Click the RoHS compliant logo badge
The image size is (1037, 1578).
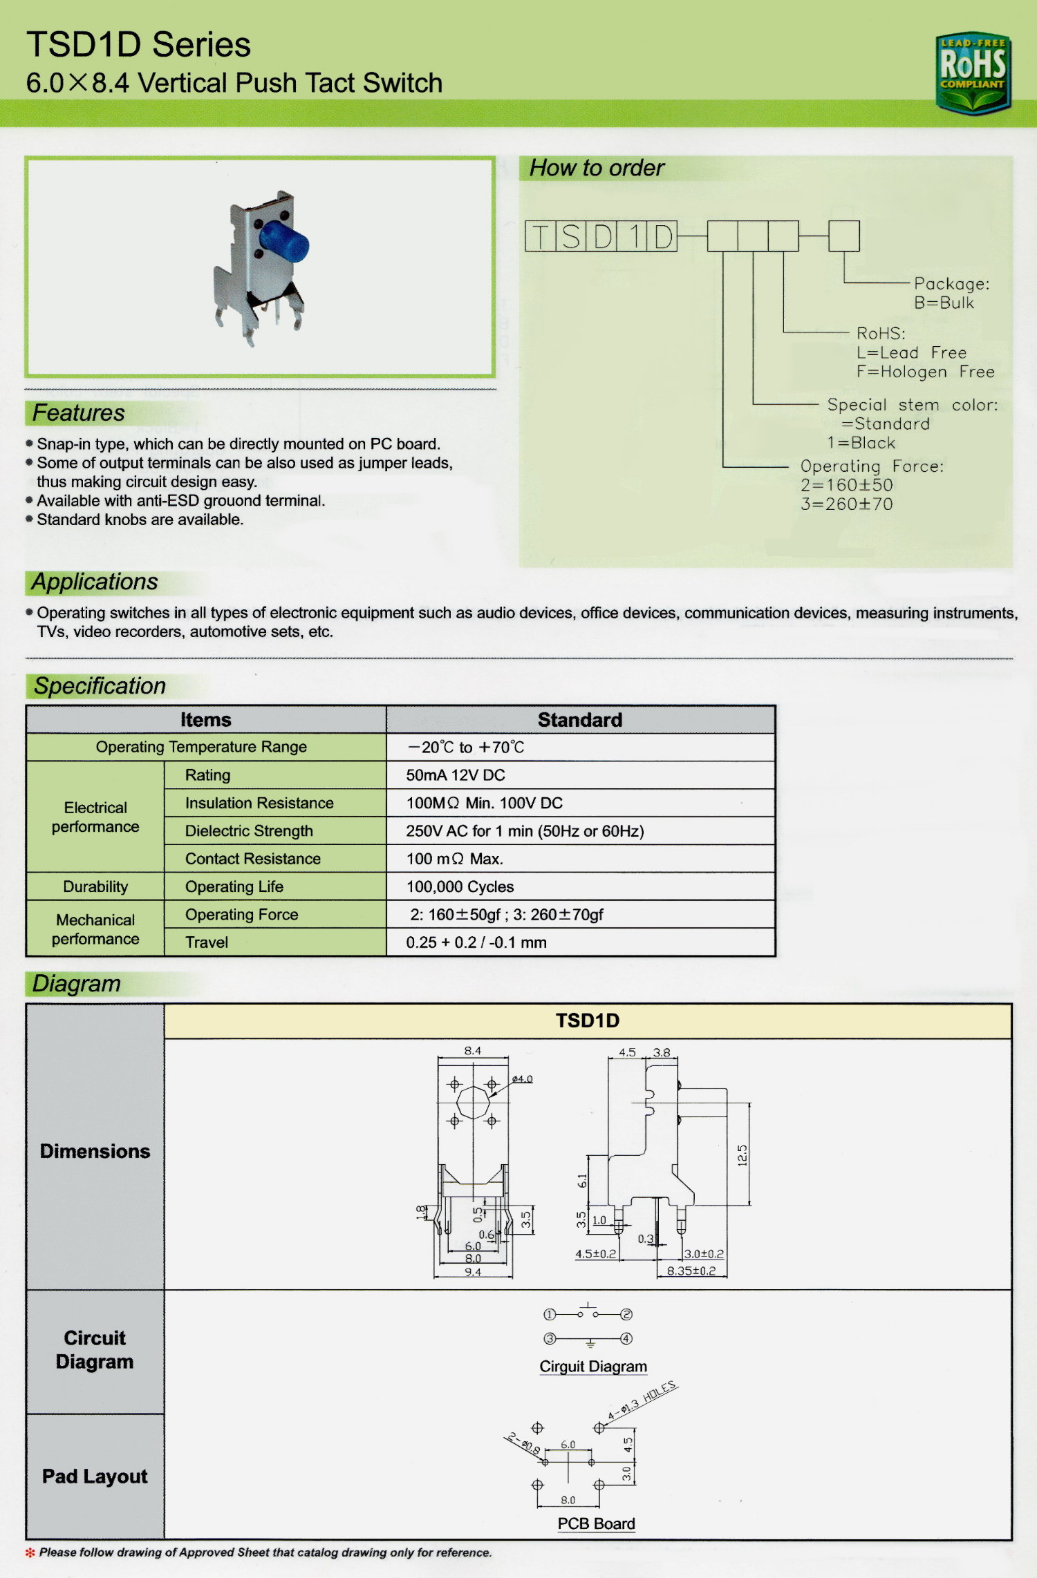click(973, 73)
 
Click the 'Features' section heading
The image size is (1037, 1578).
click(79, 413)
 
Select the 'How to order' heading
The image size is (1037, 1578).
click(597, 168)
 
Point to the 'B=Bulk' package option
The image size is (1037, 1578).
click(944, 303)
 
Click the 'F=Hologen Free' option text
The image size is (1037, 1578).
click(925, 372)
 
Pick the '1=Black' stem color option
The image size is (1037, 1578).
click(861, 443)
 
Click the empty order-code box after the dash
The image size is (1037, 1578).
click(843, 236)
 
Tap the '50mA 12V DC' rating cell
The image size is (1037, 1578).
click(456, 775)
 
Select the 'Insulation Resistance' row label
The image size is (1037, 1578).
click(259, 803)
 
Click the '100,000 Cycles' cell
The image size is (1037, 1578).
click(460, 886)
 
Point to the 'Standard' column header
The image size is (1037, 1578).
click(580, 720)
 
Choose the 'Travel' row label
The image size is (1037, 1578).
click(207, 942)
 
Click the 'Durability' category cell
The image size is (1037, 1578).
click(95, 886)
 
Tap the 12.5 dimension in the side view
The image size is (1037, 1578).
click(742, 1154)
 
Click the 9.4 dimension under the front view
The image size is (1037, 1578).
click(473, 1272)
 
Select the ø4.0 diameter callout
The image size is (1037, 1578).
click(522, 1079)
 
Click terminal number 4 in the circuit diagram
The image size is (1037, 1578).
click(626, 1338)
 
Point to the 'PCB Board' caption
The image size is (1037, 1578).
click(596, 1523)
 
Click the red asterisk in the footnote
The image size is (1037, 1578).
click(30, 1552)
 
